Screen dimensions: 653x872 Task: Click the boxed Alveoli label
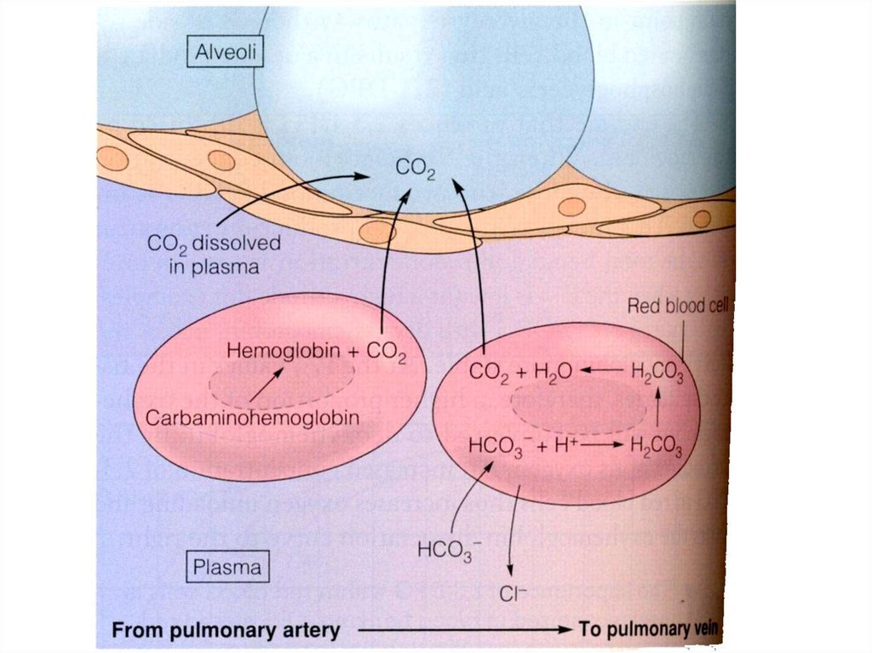226,54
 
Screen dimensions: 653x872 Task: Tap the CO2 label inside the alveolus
416,169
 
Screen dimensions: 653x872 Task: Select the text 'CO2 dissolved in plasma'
214,254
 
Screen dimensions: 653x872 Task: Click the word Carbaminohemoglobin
252,418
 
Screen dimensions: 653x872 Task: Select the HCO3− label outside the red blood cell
445,550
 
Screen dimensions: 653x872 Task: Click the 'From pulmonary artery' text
227,631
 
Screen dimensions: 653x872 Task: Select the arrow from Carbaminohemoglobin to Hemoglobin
266,385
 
